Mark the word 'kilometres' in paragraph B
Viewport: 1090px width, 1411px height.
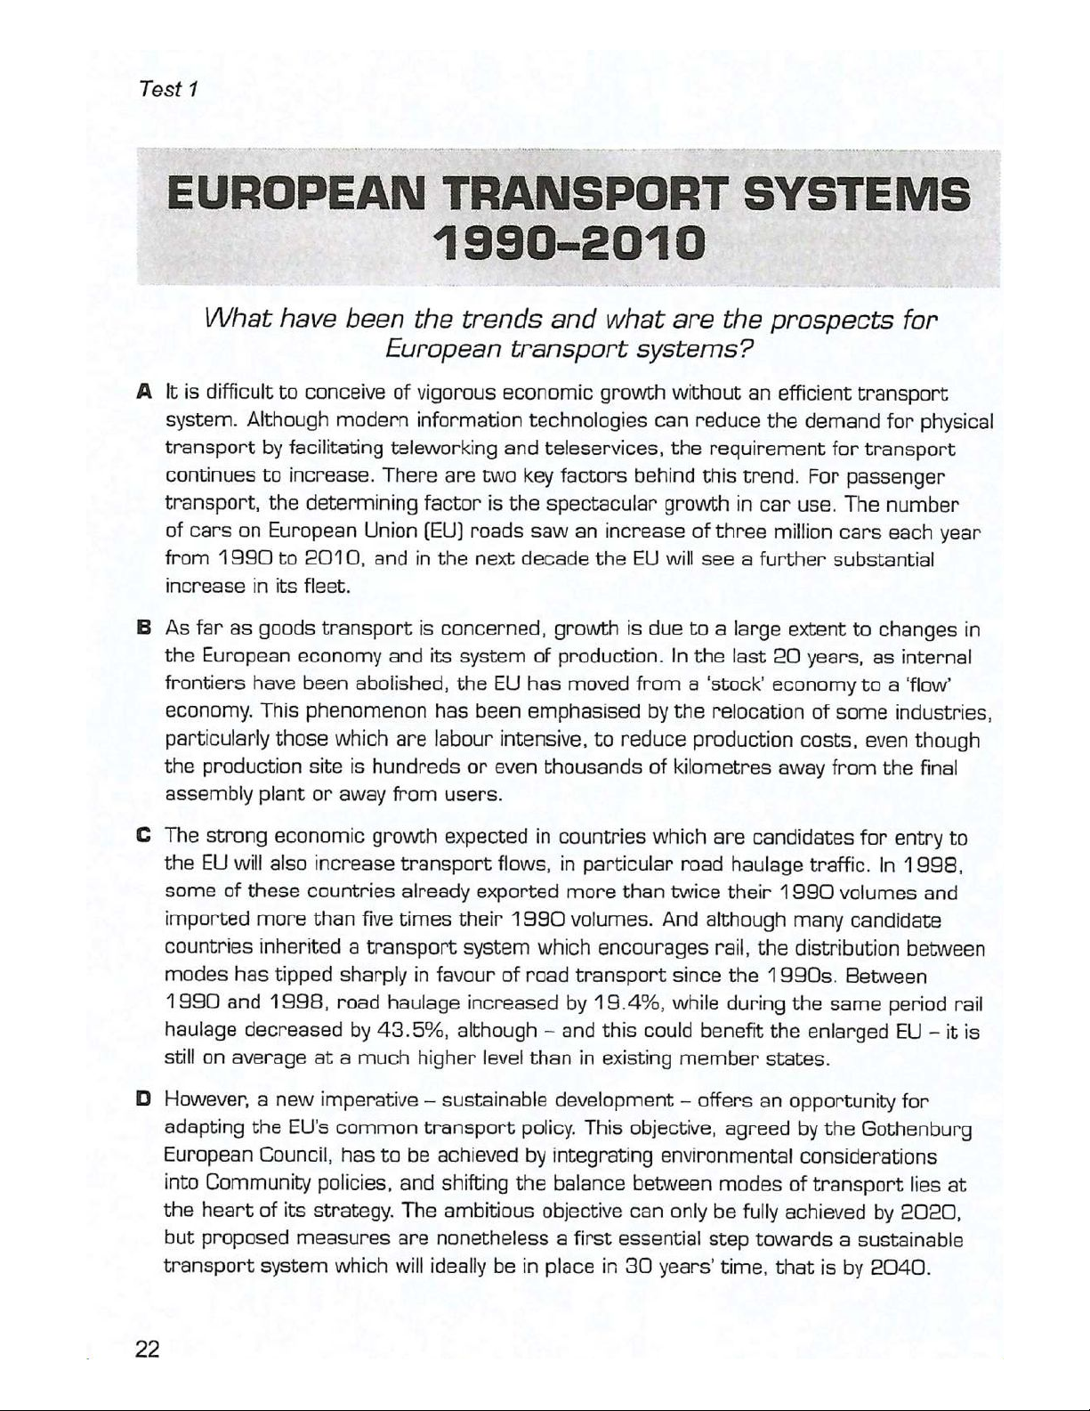[x=715, y=767]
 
